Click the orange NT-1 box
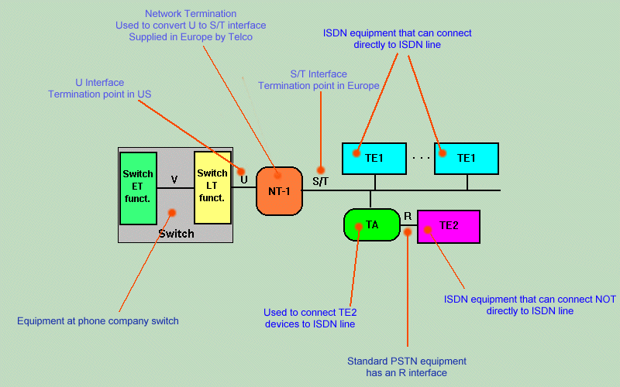click(x=278, y=190)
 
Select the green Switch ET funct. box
click(x=138, y=187)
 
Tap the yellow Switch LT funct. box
click(x=212, y=187)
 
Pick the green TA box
click(x=371, y=225)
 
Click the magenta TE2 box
click(x=449, y=226)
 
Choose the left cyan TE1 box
click(x=375, y=158)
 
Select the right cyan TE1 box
click(x=467, y=158)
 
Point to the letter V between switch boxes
click(x=174, y=180)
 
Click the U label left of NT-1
click(x=244, y=180)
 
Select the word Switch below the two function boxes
click(x=176, y=233)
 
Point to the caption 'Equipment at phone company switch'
click(x=98, y=320)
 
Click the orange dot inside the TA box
click(x=359, y=227)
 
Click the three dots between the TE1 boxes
click(x=421, y=158)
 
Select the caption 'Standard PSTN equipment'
click(x=407, y=361)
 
